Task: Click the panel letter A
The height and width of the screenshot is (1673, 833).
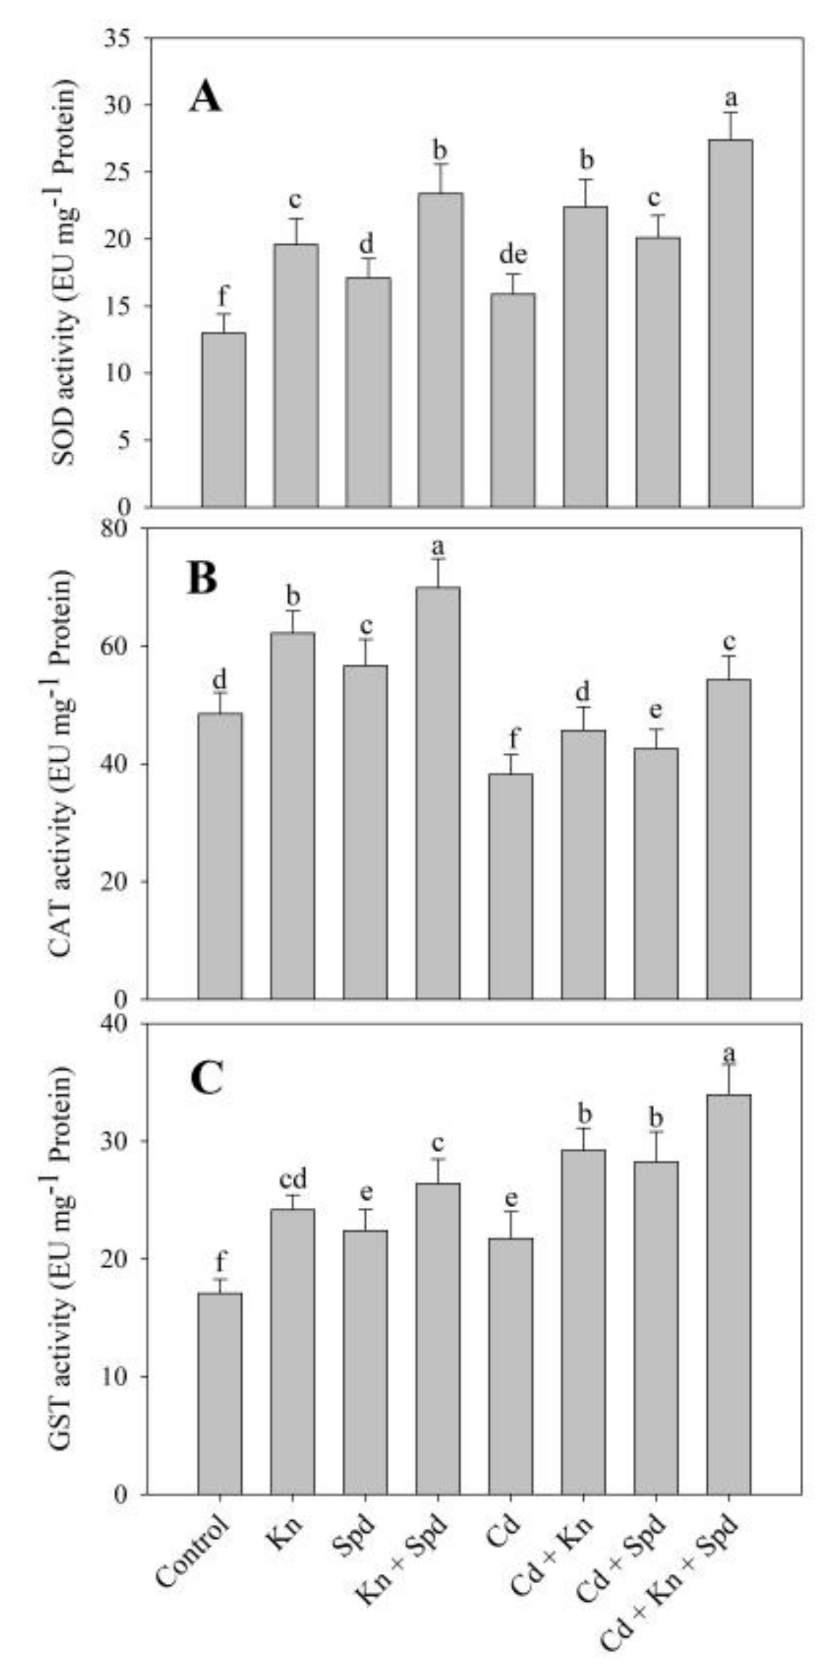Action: coord(205,99)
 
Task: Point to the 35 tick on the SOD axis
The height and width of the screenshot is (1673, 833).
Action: coord(133,38)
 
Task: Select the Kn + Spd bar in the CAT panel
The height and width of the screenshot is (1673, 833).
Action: coord(438,793)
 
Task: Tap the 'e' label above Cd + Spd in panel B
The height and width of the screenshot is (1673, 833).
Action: coord(656,710)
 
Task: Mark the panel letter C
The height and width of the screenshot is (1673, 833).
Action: coord(206,1078)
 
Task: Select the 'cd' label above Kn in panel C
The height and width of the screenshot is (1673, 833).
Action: coord(293,1178)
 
